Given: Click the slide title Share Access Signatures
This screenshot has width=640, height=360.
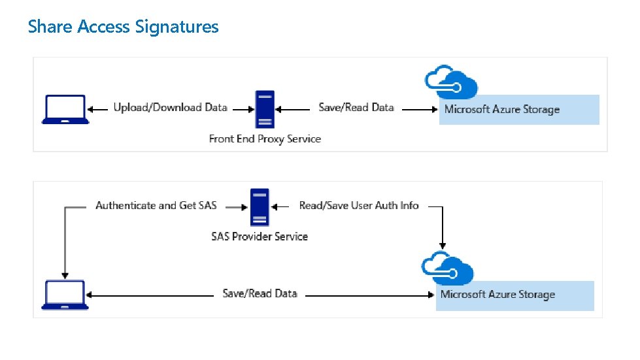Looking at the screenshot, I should pos(123,26).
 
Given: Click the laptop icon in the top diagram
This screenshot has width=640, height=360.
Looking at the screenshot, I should pos(65,109).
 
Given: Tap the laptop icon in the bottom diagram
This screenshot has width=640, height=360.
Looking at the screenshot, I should pos(64,295).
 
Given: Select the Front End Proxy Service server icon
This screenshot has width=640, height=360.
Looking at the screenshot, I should pos(264,109).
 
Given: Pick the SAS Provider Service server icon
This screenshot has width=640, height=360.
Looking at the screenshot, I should pos(259,207).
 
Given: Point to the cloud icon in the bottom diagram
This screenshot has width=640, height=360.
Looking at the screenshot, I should pos(448,269).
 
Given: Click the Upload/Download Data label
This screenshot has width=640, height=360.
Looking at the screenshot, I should pos(170,108).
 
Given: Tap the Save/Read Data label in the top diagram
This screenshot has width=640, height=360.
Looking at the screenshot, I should pos(356,108).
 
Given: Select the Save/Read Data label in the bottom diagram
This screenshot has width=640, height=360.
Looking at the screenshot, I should pos(260,294).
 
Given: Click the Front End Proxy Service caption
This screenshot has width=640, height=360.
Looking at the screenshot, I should pos(265,139).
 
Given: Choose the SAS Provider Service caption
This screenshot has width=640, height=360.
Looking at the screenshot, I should pos(259,237).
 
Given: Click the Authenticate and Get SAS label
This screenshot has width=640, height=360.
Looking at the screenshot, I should pos(156,206).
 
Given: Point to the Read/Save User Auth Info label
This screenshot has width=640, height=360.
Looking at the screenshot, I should pos(359,206).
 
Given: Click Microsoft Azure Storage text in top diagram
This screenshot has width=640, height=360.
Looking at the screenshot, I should pos(502,110).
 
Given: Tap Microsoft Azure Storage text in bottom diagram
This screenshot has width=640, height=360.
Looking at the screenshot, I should pos(497,295).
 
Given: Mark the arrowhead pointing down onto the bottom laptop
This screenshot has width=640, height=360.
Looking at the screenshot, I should pos(64,274).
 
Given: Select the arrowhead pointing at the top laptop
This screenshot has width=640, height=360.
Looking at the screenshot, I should pos(92,110).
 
